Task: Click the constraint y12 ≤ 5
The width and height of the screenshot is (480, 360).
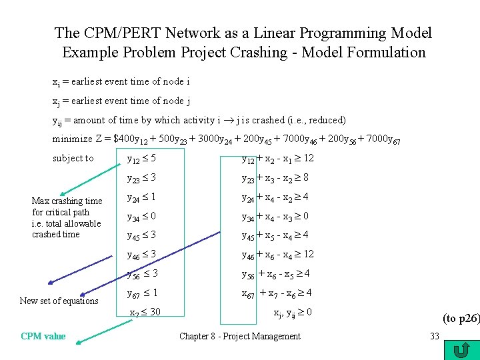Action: tap(142, 159)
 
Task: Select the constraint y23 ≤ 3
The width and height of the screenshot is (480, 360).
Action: tap(142, 178)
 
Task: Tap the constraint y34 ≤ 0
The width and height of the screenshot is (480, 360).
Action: tap(142, 216)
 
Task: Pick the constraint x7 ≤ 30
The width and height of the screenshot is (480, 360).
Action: tap(145, 312)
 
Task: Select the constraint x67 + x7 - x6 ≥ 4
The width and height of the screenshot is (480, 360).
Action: tap(277, 293)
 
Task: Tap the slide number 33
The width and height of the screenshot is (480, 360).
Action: tap(434, 336)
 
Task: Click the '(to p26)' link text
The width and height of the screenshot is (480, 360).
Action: tap(460, 319)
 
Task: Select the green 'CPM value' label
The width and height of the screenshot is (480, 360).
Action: tap(43, 337)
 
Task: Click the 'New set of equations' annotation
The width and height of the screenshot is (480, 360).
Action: tap(59, 301)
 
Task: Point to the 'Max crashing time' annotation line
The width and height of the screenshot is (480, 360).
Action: tap(67, 201)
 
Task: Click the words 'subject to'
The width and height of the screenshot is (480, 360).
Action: tap(73, 159)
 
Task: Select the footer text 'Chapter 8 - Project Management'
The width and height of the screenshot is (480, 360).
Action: tap(239, 337)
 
